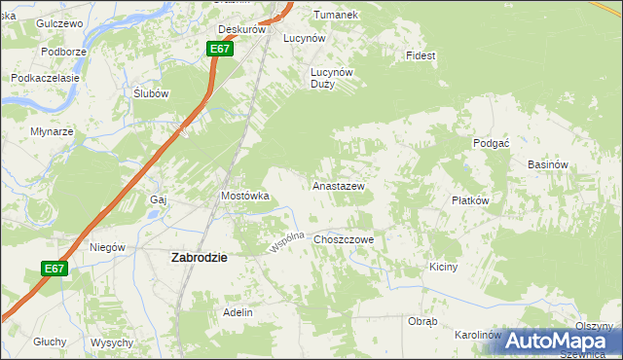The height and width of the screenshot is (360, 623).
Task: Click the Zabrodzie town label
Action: coord(199,258)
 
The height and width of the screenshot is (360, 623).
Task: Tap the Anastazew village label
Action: coord(338,185)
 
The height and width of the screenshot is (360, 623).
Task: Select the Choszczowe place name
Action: coord(344,238)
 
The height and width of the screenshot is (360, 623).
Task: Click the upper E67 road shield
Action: coord(220,49)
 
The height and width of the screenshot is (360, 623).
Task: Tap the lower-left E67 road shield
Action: coord(55,269)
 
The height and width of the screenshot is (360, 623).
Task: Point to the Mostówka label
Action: coord(244,196)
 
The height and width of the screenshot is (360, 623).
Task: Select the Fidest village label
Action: coord(421,55)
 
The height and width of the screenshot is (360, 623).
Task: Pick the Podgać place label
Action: coord(491,143)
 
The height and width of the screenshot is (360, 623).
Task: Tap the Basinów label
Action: coord(547,165)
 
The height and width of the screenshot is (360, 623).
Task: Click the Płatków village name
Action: coord(469,199)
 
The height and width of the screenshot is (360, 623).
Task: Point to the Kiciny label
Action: coord(443,266)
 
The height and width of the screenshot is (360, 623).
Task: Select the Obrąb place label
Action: coord(422,321)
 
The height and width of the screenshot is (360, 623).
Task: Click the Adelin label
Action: coord(238,312)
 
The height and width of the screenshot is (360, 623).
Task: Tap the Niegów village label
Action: coord(107,247)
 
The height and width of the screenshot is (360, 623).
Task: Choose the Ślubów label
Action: coord(151,93)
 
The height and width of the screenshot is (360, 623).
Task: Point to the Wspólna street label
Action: coord(288,242)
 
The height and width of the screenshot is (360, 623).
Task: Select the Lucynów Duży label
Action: coord(330,78)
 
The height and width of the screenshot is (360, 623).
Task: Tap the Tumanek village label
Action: coord(335,15)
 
